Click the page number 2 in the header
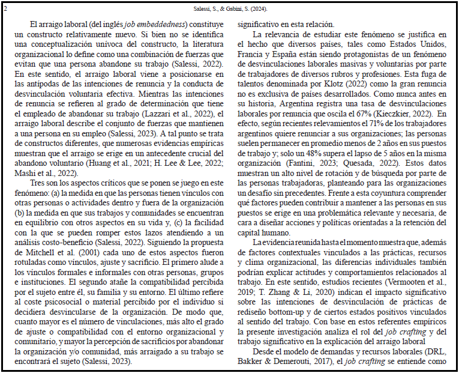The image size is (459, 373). [x=5, y=9]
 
